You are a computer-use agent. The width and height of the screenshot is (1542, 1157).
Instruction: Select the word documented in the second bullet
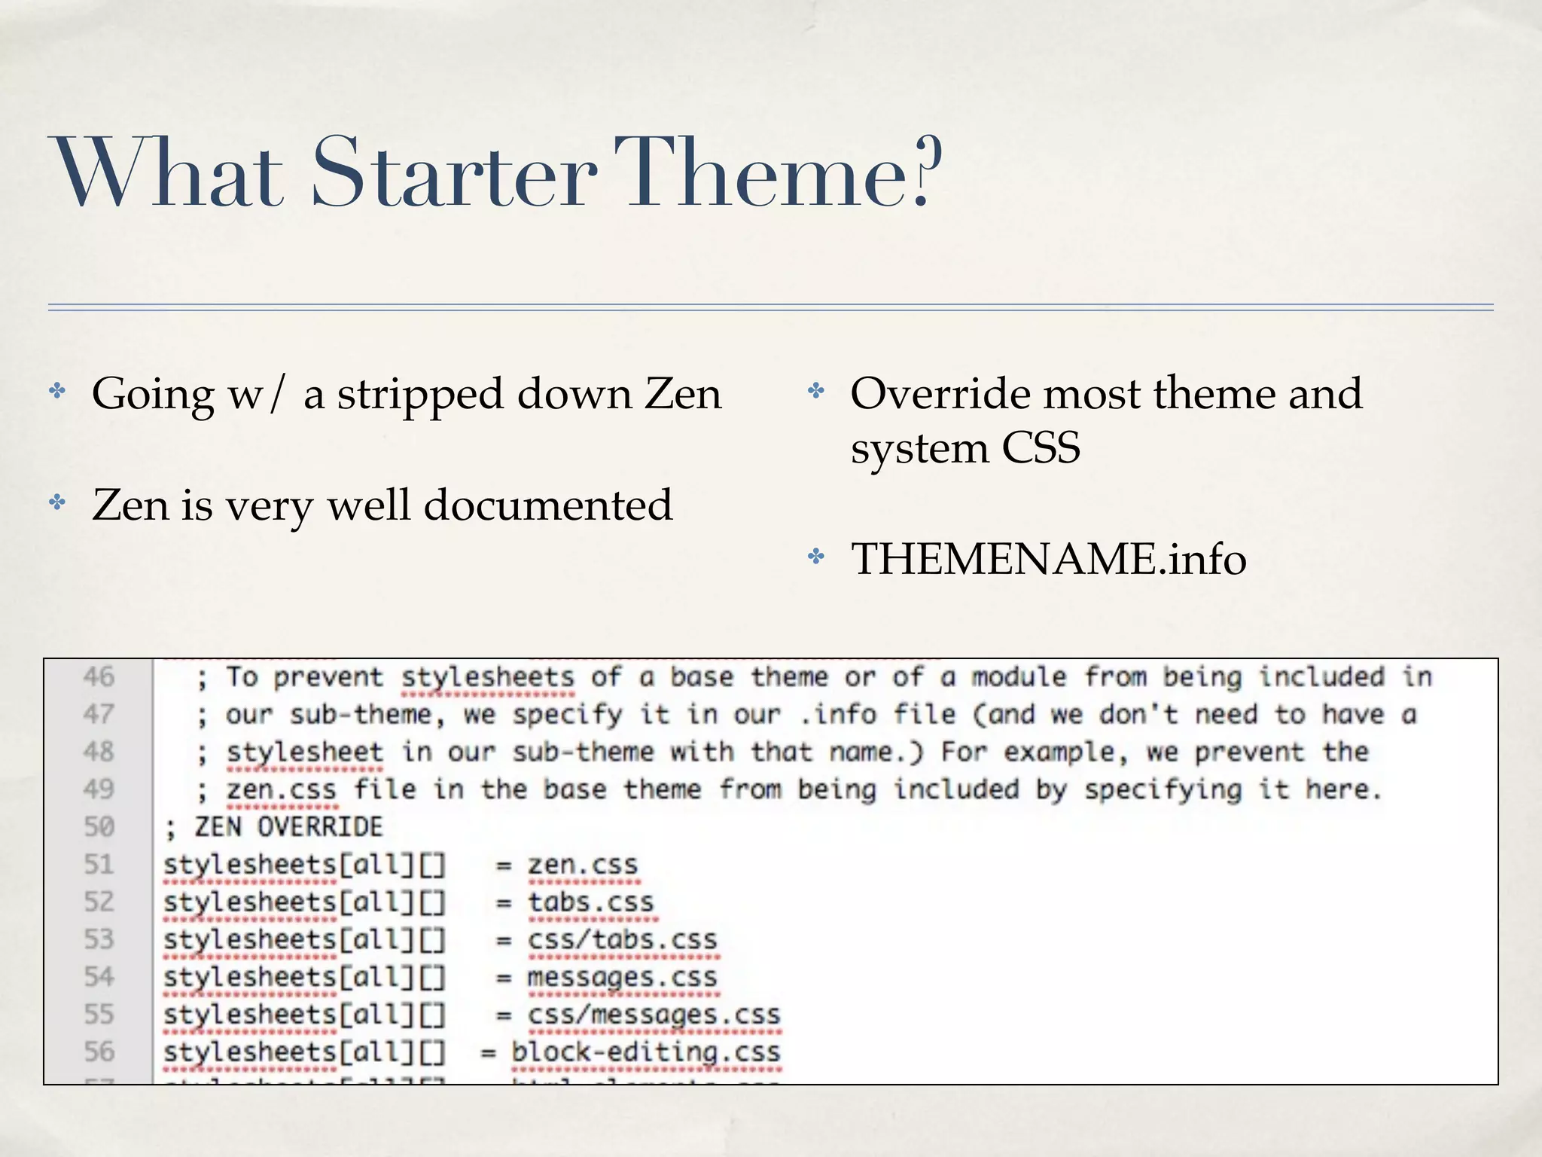548,505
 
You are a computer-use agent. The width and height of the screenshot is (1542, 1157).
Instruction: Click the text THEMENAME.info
1048,560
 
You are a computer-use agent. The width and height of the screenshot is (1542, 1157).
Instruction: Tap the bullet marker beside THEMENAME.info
815,557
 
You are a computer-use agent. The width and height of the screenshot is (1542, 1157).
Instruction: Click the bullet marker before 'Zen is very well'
57,502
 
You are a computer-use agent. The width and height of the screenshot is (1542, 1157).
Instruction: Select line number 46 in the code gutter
99,676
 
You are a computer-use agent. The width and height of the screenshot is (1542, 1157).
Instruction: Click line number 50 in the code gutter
99,826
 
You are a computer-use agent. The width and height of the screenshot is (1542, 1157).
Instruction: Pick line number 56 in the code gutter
99,1052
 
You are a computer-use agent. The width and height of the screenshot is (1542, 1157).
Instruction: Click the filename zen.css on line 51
583,865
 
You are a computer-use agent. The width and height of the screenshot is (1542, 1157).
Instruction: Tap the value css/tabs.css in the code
623,939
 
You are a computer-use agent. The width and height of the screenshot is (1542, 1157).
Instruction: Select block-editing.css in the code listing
646,1052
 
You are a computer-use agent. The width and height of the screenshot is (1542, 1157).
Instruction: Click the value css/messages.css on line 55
654,1015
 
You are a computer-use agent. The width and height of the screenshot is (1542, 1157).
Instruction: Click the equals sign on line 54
504,978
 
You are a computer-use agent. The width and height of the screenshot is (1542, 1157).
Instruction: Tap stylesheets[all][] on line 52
305,902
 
